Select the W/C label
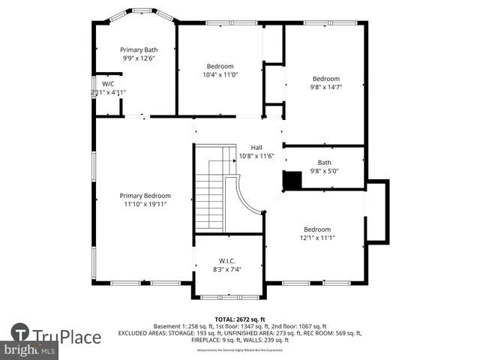pyautogui.click(x=108, y=84)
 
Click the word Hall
pyautogui.click(x=256, y=148)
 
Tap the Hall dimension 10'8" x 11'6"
pyautogui.click(x=256, y=156)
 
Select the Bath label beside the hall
pyautogui.click(x=324, y=162)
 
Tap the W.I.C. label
pyautogui.click(x=226, y=261)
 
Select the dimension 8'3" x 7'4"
pyautogui.click(x=226, y=269)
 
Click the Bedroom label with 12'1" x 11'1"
pyautogui.click(x=316, y=229)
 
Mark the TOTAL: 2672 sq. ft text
pyautogui.click(x=240, y=319)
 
